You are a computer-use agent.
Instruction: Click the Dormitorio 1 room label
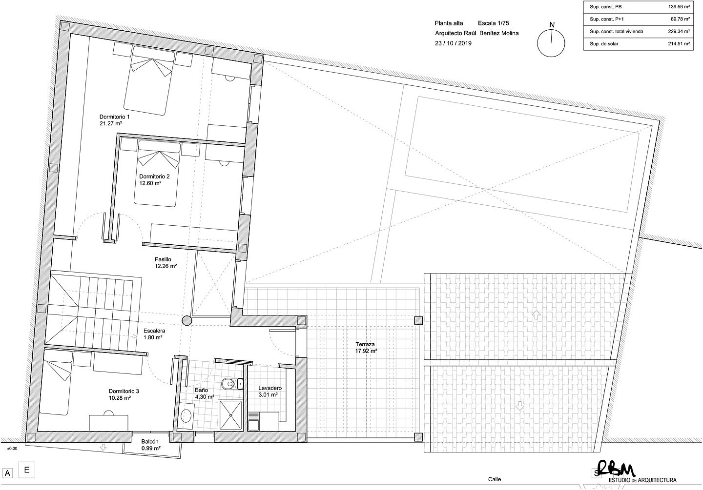[x=114, y=117]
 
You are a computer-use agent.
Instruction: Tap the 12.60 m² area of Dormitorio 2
[x=150, y=183]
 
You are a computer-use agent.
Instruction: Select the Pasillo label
[x=163, y=259]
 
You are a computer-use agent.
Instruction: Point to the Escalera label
[x=154, y=331]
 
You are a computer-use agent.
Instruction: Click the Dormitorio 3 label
[x=124, y=391]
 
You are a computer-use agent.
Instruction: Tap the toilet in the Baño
[x=229, y=383]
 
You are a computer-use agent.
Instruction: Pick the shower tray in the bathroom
[x=231, y=415]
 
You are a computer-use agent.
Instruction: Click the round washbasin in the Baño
[x=186, y=416]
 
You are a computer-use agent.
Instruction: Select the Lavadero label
[x=270, y=388]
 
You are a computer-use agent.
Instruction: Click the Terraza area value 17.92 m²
[x=366, y=351]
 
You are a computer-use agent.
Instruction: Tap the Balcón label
[x=150, y=442]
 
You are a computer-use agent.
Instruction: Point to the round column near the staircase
[x=187, y=320]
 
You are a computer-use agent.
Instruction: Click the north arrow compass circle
[x=551, y=43]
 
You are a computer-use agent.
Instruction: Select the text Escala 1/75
[x=494, y=23]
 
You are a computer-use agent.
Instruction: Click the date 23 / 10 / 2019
[x=453, y=43]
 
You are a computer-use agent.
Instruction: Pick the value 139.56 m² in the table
[x=679, y=7]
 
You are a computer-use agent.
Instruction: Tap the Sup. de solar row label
[x=604, y=44]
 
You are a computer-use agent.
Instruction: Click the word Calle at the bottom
[x=494, y=479]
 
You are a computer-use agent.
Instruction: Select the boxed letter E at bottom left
[x=27, y=470]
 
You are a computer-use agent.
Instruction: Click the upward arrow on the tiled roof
[x=536, y=315]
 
